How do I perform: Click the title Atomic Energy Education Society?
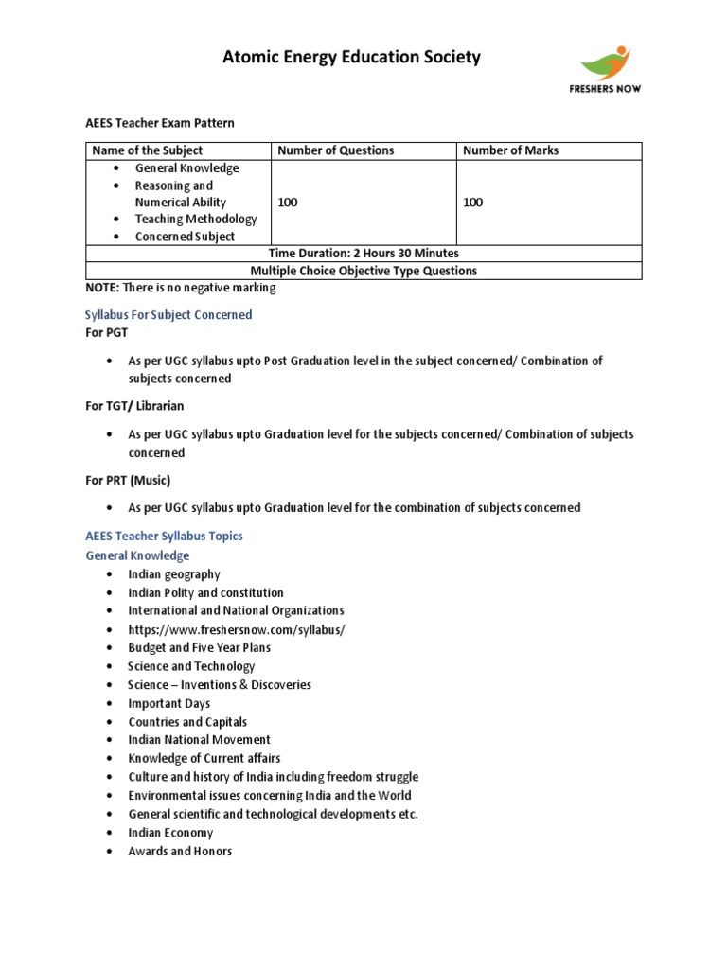[351, 58]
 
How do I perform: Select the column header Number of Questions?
[335, 150]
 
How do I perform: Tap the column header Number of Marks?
[510, 150]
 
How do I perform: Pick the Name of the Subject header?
[147, 150]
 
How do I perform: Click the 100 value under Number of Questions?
[287, 203]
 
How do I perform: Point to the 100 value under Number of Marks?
[472, 203]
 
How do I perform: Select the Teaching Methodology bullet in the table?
[196, 220]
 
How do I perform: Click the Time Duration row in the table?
[363, 254]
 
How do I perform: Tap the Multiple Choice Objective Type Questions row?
[363, 271]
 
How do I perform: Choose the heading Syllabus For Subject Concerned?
[168, 314]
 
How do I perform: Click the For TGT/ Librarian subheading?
[134, 406]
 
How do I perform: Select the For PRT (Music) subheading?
[129, 480]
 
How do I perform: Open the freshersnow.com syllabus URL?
[237, 629]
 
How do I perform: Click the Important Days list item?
[169, 703]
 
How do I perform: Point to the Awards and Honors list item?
[180, 851]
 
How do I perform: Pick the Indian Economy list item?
[170, 833]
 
